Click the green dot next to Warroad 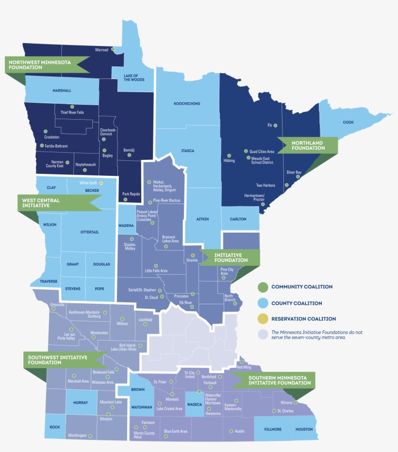(x=113, y=49)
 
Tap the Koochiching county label (x=187, y=104)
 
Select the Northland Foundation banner (x=308, y=145)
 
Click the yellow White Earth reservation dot (x=101, y=183)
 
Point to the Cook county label (x=348, y=122)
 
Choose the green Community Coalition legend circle (x=263, y=287)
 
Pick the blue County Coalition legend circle (x=263, y=303)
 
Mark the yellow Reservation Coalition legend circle (x=263, y=319)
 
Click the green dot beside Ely (x=275, y=125)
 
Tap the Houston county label (x=304, y=429)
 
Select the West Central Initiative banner (x=53, y=203)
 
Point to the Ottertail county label (x=90, y=232)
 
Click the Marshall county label (x=62, y=91)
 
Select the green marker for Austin (x=231, y=431)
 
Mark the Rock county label (x=55, y=427)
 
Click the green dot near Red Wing (x=241, y=361)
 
